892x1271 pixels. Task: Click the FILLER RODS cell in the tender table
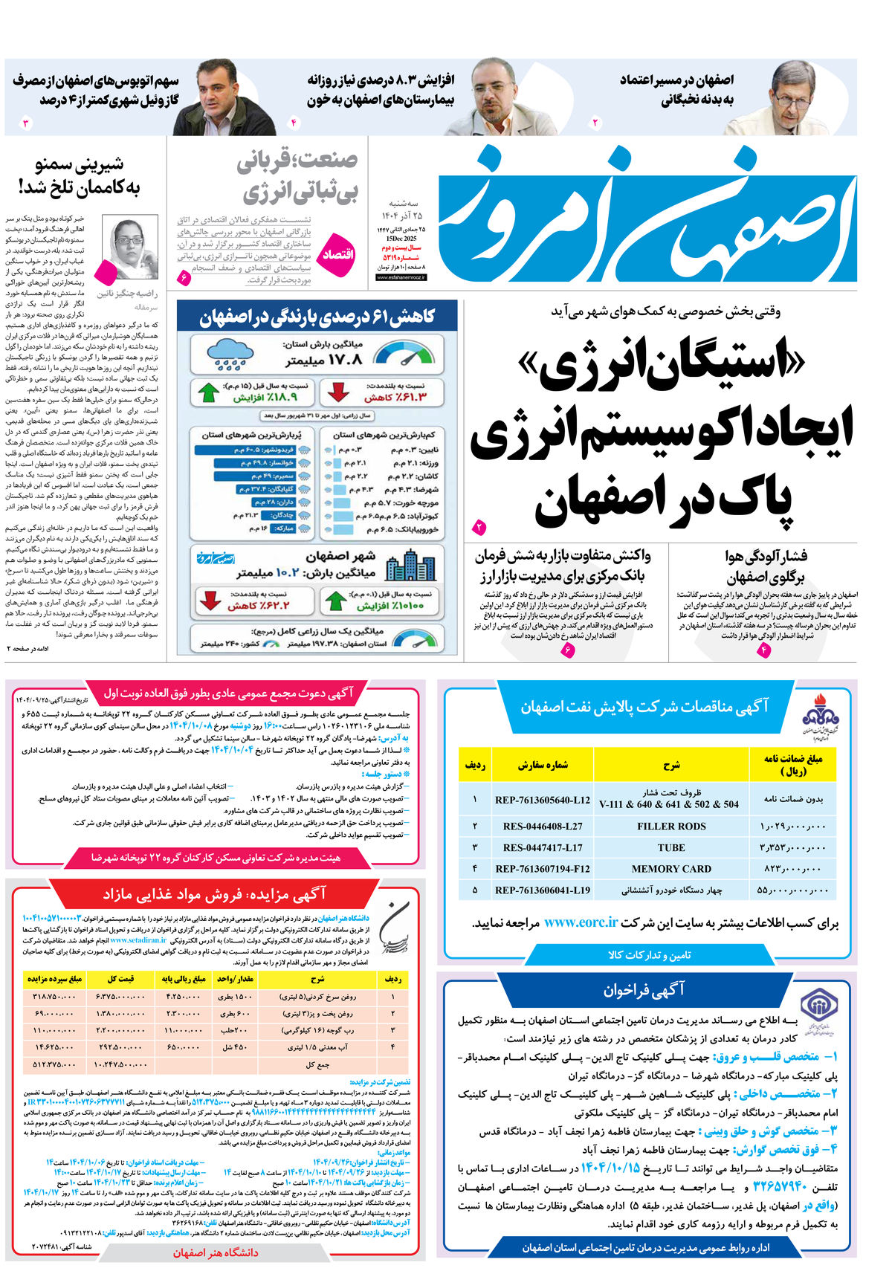click(671, 826)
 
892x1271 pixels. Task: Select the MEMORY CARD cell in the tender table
click(671, 868)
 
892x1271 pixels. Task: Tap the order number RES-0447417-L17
click(543, 847)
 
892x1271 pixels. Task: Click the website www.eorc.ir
click(581, 922)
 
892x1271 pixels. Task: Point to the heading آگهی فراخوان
click(644, 990)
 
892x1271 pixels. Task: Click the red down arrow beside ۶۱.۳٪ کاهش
click(339, 392)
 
